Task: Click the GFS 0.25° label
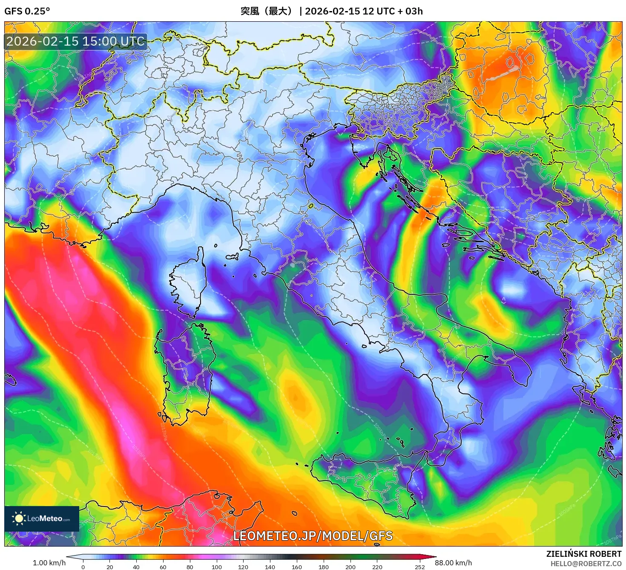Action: [x=27, y=11]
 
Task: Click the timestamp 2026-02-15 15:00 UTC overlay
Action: [x=76, y=41]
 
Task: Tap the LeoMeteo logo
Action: [x=42, y=518]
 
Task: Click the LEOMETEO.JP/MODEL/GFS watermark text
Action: [x=313, y=536]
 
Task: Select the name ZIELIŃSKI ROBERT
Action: [x=584, y=554]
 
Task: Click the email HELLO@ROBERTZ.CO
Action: [x=586, y=564]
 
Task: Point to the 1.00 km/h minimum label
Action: [x=49, y=563]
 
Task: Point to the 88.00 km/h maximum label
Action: [x=453, y=563]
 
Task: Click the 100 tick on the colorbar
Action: [x=217, y=567]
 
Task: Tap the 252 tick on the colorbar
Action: [x=420, y=567]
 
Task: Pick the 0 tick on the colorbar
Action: [x=83, y=567]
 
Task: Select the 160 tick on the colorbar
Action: [x=297, y=567]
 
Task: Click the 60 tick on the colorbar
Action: [x=163, y=567]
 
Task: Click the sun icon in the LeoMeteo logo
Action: [x=19, y=518]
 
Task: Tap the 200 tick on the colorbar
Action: [x=350, y=567]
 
